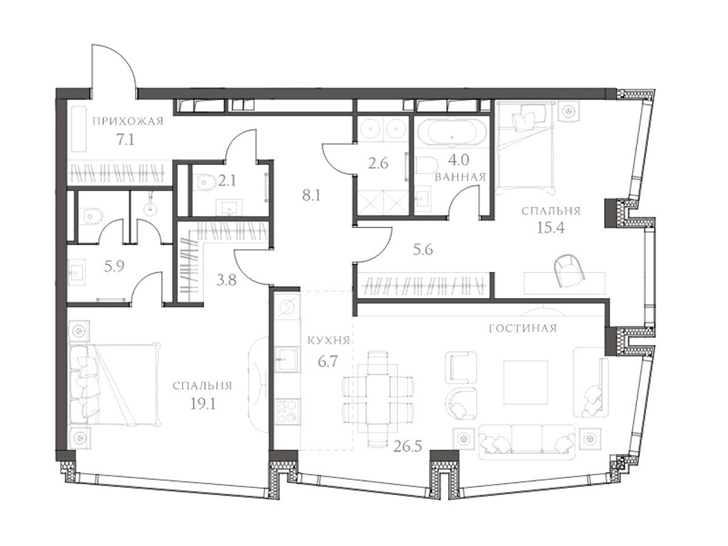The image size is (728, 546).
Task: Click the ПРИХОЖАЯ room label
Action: [128, 121]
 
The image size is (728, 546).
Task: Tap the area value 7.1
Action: [125, 140]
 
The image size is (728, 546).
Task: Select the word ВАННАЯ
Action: [460, 177]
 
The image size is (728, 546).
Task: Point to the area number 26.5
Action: [408, 447]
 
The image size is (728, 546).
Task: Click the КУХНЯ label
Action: [329, 340]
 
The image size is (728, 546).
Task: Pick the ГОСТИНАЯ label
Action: [523, 328]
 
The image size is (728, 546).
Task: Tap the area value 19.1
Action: [203, 404]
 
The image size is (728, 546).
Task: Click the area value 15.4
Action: [551, 228]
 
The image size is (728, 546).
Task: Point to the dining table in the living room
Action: [378, 398]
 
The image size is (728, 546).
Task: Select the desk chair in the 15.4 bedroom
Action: [568, 270]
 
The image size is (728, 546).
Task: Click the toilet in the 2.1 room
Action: [206, 181]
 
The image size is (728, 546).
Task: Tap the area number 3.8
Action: [226, 280]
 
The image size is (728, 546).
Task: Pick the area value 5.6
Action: [423, 250]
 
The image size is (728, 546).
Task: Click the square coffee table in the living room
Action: [526, 382]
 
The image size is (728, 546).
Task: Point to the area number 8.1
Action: [311, 196]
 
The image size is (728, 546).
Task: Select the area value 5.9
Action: [114, 266]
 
